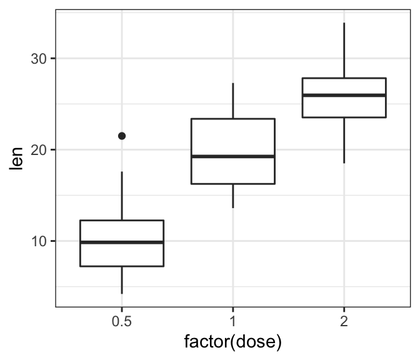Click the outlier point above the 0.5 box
click(122, 136)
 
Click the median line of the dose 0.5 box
click(122, 242)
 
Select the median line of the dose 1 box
click(232, 156)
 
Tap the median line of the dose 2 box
click(344, 95)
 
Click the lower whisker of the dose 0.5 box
click(122, 280)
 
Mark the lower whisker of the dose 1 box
click(232, 196)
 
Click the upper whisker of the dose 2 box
click(344, 50)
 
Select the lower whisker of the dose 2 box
click(344, 140)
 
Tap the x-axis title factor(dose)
click(232, 342)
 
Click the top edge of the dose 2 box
click(344, 78)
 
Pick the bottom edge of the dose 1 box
click(232, 184)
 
